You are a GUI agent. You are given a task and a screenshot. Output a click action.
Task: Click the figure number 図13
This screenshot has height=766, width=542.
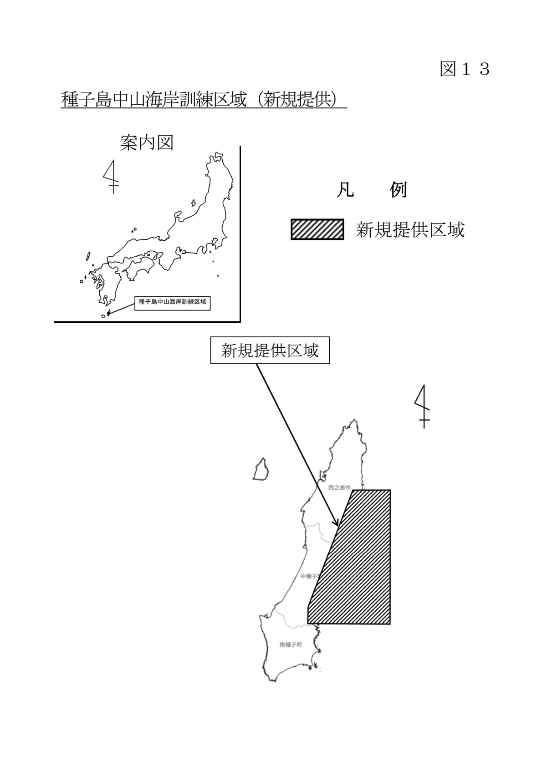[464, 69]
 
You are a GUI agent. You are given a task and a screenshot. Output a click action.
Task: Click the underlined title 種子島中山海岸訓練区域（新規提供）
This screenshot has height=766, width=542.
[204, 100]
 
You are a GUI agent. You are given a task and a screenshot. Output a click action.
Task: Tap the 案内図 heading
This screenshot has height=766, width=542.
[147, 143]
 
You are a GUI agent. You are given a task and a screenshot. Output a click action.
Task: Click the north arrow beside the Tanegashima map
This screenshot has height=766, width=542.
[423, 406]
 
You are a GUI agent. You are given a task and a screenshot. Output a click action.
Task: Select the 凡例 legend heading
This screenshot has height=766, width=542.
[371, 190]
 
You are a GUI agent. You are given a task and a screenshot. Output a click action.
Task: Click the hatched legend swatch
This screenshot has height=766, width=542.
[317, 229]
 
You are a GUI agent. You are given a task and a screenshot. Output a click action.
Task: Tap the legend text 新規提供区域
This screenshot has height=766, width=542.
[410, 230]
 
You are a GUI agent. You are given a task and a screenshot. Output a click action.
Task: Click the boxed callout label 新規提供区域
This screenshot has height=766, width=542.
[270, 350]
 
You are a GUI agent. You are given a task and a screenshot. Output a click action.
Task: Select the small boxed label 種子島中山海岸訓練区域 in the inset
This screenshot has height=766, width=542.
[172, 302]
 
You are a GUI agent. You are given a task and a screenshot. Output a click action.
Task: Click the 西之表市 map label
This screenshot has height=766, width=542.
[339, 487]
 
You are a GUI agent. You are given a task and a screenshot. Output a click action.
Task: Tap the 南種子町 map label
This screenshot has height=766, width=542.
[291, 645]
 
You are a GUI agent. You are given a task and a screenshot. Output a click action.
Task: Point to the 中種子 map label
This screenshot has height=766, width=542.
[308, 576]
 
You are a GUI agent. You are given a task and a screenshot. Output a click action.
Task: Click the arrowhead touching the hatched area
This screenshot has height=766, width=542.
[337, 524]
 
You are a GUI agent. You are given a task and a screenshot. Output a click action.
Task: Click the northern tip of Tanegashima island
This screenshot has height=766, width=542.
[354, 421]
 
